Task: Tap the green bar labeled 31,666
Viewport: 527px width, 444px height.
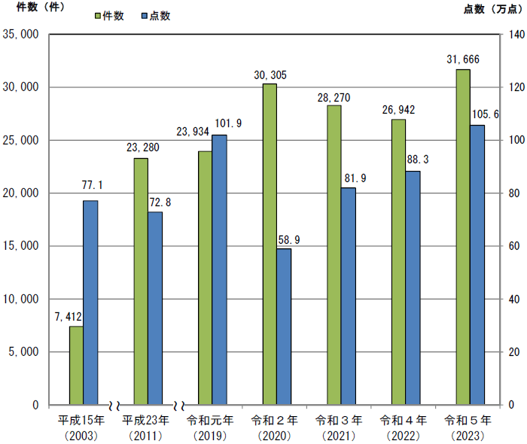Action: tap(463, 237)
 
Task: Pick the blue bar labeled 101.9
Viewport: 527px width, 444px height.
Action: tap(219, 269)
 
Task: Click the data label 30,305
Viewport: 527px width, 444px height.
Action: tap(270, 75)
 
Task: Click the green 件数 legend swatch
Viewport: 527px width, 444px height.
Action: tap(99, 16)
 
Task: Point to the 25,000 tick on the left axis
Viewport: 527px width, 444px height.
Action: tap(22, 141)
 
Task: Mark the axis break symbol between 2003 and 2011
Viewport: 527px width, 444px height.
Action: tap(115, 404)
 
